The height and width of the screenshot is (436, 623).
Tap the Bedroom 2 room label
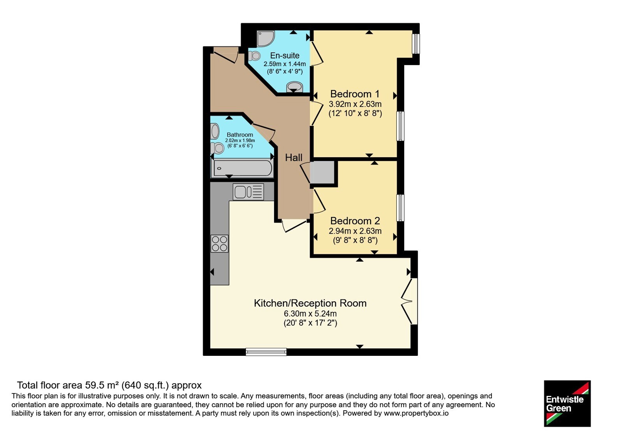(x=355, y=221)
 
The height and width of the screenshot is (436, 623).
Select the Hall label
(x=294, y=158)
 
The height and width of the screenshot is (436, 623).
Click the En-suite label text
(x=285, y=55)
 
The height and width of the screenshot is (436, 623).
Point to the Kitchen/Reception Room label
(x=310, y=303)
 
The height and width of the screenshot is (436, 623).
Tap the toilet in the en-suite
(x=254, y=56)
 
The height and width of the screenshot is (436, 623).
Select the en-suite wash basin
(x=294, y=86)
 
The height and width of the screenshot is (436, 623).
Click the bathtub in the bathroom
(x=242, y=168)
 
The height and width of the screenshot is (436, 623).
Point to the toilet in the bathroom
(x=217, y=148)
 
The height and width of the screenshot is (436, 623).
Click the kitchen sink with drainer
(x=248, y=192)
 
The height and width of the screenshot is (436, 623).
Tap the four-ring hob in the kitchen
(x=220, y=244)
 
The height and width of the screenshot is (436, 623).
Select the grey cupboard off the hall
(x=322, y=172)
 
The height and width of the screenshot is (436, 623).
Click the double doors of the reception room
(x=409, y=301)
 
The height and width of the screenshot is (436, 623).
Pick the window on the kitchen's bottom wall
(x=266, y=352)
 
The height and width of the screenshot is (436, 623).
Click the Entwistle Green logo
(x=567, y=403)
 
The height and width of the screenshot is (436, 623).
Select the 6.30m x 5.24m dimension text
(x=310, y=314)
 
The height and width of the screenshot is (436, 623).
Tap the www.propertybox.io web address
(x=416, y=413)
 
